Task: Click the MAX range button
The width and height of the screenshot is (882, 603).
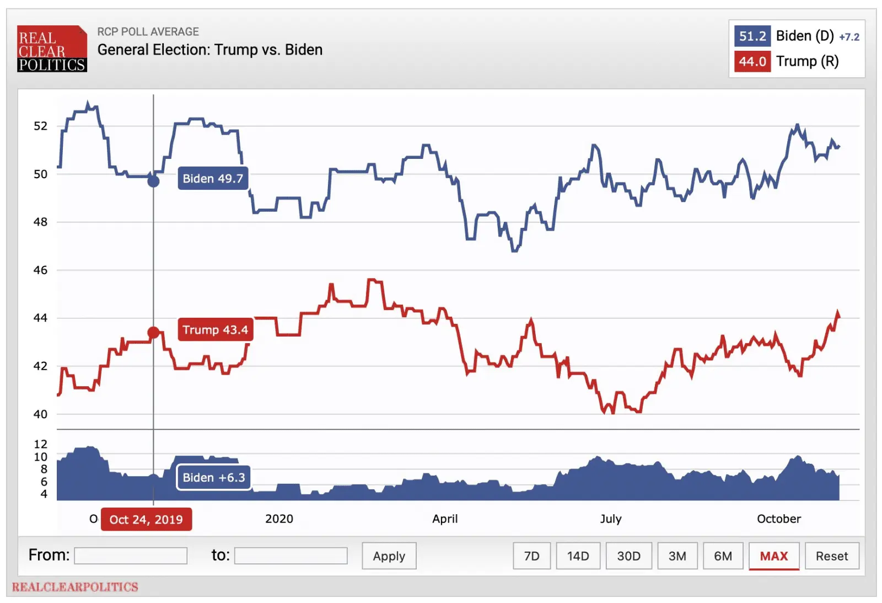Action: tap(773, 556)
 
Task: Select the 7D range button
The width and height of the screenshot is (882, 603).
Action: tap(531, 556)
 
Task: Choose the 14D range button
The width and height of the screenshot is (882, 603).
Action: tap(578, 556)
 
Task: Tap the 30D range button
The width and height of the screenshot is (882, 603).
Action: tap(628, 556)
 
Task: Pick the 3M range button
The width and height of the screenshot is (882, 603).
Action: tap(677, 556)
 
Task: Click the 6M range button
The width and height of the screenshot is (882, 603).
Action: tap(723, 556)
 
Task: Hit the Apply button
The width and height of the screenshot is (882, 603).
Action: tap(389, 556)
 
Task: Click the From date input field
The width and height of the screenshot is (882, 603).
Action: tap(131, 556)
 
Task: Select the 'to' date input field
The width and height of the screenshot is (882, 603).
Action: tap(291, 556)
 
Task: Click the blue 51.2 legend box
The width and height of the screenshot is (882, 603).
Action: tap(752, 36)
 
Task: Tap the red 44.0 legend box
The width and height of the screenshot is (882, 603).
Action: tap(752, 61)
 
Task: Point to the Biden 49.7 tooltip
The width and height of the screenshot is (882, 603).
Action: tap(213, 179)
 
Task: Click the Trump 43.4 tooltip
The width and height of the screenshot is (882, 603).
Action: tap(215, 330)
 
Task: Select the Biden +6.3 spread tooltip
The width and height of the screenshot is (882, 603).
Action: tap(213, 478)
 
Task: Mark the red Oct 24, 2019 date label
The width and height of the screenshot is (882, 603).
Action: tap(146, 520)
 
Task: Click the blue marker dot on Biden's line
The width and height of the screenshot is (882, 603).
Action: tap(154, 181)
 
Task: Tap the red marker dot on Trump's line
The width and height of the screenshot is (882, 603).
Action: tap(154, 333)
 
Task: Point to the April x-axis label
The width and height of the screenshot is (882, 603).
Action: tap(445, 519)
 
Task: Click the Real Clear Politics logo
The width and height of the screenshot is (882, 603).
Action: tap(52, 49)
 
